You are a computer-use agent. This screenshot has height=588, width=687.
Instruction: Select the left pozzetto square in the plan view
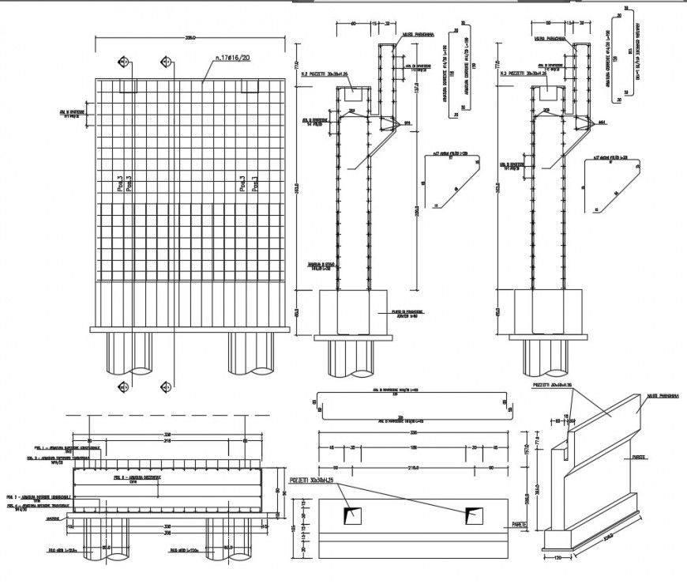pos(353,515)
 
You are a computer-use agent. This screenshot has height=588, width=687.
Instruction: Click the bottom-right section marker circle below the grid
pos(166,386)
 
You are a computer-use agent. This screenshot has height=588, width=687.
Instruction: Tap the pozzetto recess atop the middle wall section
pos(353,93)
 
